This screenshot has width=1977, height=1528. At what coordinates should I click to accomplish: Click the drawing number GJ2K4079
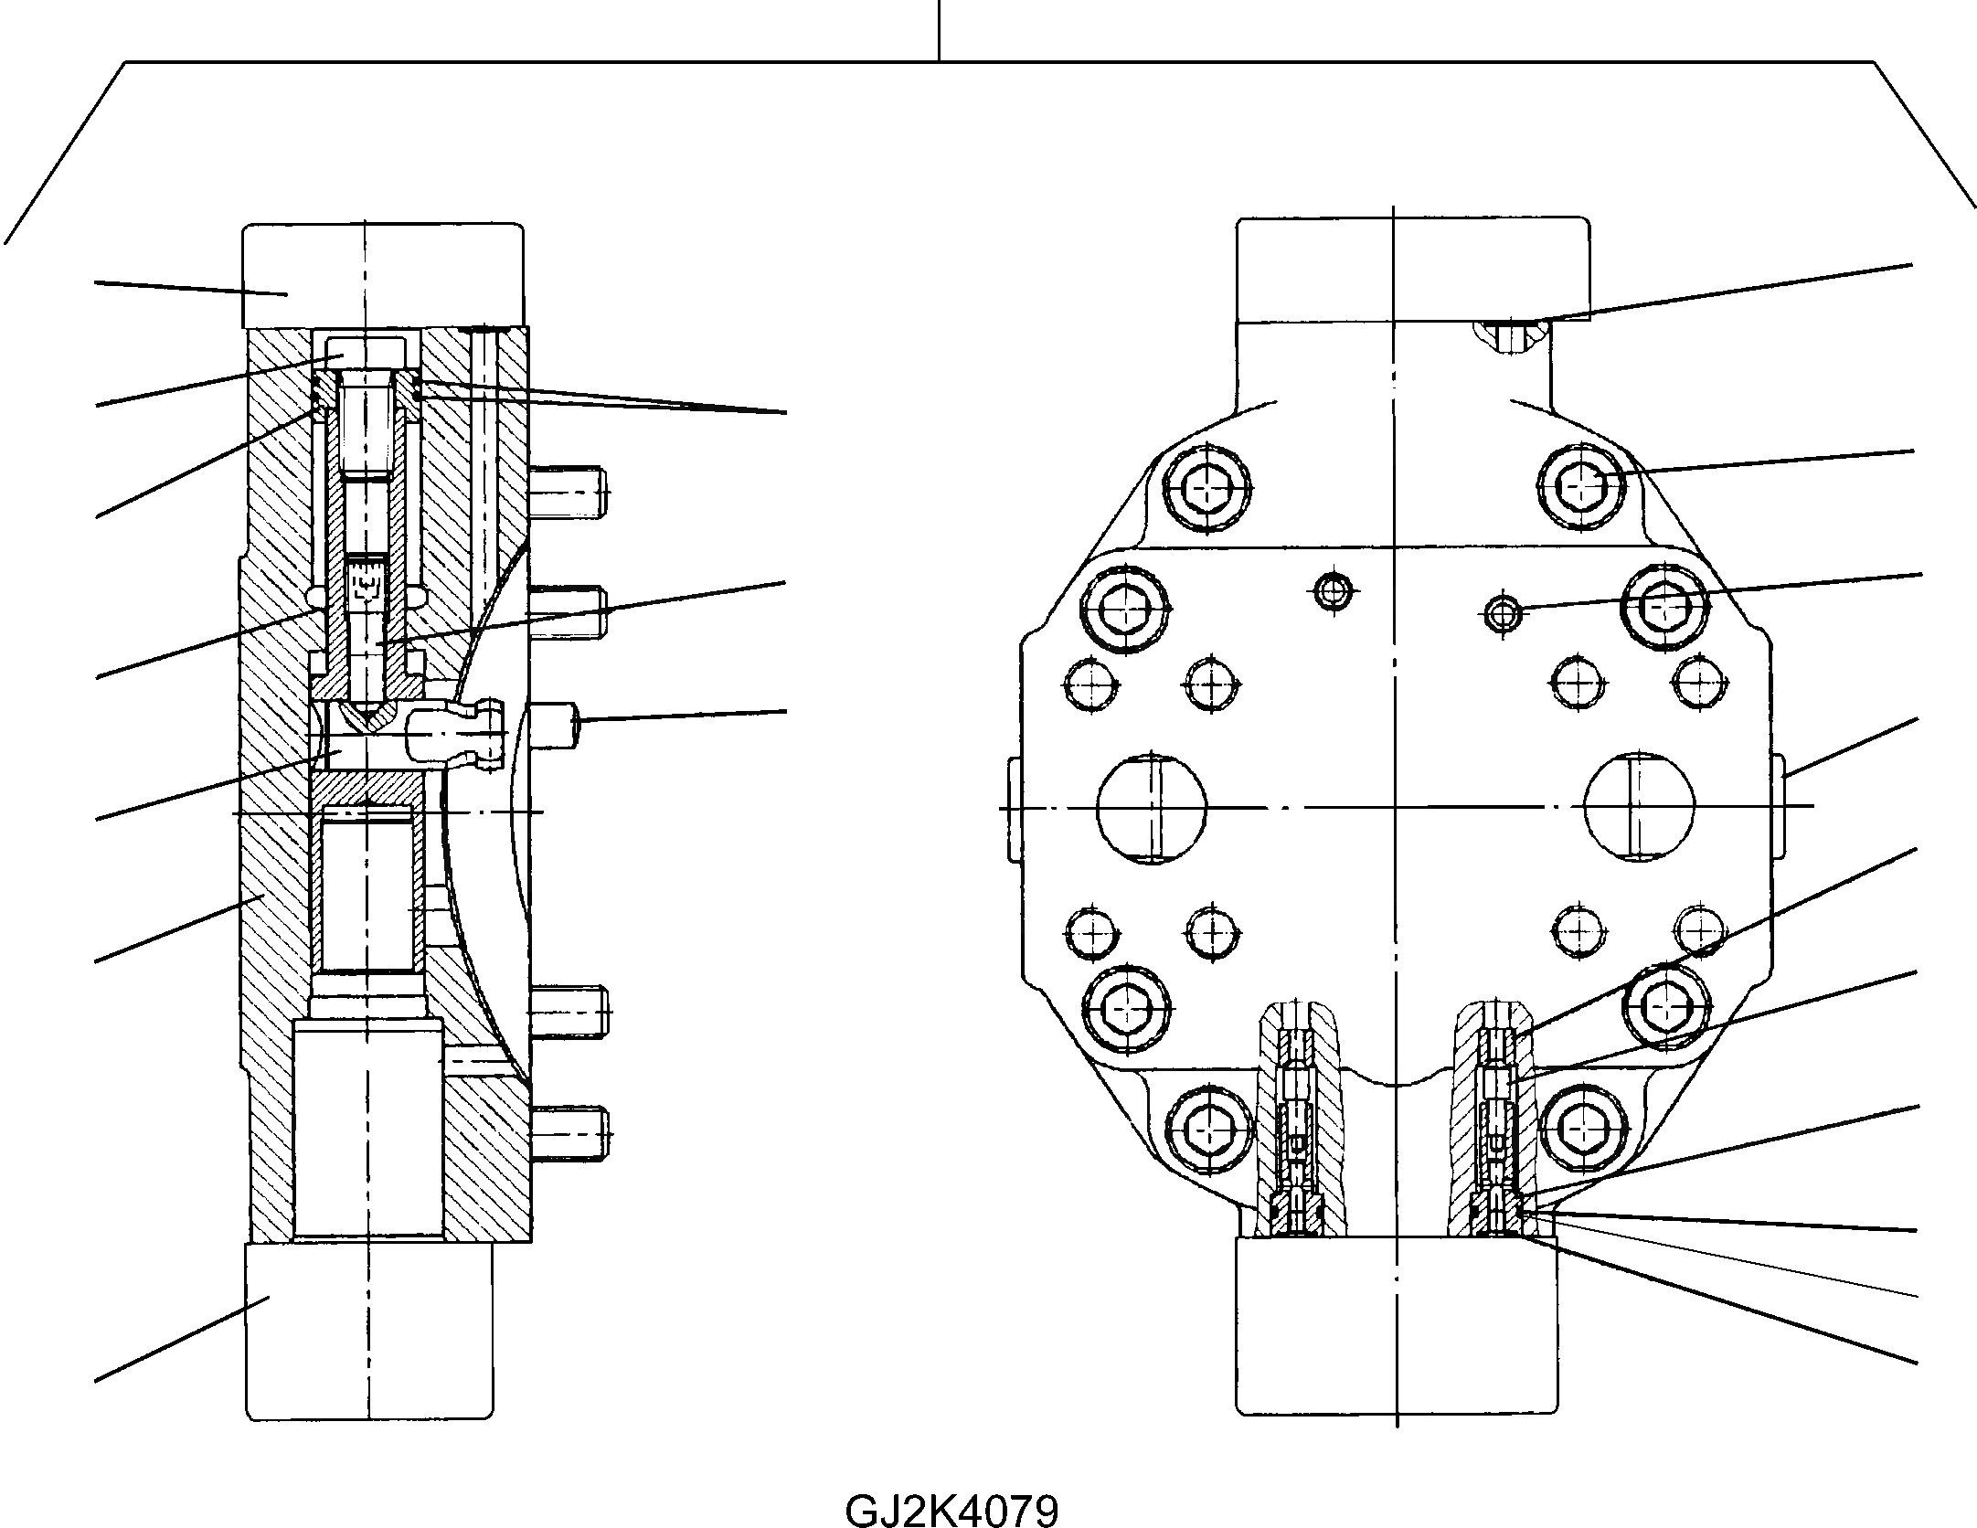(x=951, y=1510)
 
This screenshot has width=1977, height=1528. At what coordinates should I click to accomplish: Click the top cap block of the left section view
(x=383, y=276)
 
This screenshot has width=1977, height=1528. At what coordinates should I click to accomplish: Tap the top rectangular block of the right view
(x=1412, y=270)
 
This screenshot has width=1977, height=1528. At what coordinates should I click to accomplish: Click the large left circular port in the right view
(x=1152, y=807)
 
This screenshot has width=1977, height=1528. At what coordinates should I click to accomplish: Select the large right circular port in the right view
(x=1639, y=806)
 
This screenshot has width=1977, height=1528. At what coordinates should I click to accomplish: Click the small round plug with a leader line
(x=1502, y=615)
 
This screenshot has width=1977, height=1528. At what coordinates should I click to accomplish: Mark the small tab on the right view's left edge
(x=1013, y=808)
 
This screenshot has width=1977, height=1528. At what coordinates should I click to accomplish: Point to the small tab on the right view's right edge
(x=1779, y=805)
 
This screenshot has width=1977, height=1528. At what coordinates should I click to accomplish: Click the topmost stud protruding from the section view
(x=569, y=492)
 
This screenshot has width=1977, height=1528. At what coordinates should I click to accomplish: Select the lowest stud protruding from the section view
(x=571, y=1133)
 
